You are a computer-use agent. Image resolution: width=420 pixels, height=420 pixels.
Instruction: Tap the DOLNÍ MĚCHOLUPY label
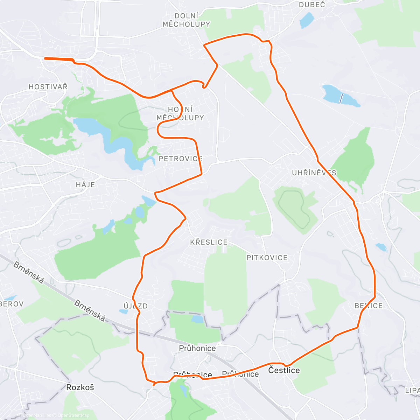186,20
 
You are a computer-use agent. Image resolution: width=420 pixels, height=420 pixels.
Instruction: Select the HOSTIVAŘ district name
48,87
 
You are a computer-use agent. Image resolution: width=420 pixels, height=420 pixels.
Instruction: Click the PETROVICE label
181,159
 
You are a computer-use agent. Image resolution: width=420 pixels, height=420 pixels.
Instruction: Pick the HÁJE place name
85,185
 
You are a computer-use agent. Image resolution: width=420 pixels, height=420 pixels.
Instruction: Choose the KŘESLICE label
209,242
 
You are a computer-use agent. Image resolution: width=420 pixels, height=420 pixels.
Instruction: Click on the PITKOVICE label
267,258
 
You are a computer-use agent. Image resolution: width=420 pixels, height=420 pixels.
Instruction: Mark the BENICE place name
369,306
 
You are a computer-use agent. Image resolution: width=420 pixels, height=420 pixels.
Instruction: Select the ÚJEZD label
135,306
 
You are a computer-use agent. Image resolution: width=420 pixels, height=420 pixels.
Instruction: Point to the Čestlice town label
284,370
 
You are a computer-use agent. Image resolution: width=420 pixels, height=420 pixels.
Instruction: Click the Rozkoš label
80,387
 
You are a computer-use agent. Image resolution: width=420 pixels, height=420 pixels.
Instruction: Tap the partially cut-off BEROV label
12,304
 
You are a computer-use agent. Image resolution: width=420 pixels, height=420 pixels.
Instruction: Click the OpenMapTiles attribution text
37,415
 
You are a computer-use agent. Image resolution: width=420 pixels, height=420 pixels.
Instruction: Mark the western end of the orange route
45,58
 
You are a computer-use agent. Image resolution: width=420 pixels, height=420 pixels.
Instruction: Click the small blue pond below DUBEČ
307,20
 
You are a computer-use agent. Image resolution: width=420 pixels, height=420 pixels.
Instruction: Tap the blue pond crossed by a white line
340,96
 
